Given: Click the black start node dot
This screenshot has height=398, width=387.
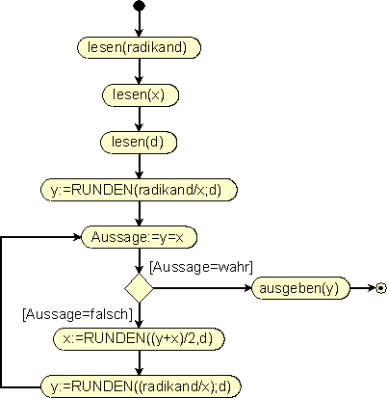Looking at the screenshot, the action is tap(139, 6).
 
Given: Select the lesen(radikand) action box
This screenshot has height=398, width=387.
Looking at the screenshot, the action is tap(139, 47).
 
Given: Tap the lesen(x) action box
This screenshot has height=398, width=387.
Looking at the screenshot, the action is tap(141, 94).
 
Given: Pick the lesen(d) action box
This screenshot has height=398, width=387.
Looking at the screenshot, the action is tap(139, 142).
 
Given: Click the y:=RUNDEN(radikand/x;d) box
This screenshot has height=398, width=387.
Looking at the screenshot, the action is tap(139, 190).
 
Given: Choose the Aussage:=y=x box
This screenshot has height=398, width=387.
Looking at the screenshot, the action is tap(139, 237).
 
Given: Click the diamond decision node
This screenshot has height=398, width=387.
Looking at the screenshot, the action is tap(139, 288).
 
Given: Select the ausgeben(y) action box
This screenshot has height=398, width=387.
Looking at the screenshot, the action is tap(300, 288).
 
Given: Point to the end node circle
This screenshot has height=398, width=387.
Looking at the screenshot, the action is tap(381, 288).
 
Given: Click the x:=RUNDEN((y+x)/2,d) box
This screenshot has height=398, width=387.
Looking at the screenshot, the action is tap(139, 338).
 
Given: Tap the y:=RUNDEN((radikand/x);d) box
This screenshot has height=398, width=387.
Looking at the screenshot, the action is tap(141, 386).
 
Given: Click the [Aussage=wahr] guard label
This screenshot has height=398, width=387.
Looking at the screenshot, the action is tap(201, 267).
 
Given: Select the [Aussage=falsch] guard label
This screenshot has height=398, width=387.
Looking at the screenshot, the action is tap(77, 314).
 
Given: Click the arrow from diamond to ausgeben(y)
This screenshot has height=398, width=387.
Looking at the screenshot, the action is tap(202, 288).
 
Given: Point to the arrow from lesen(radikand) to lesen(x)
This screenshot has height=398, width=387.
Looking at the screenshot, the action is tap(139, 71).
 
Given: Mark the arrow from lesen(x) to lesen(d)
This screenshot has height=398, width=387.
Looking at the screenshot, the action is tap(139, 119).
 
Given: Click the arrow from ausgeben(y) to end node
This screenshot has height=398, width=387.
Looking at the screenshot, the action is tap(363, 288).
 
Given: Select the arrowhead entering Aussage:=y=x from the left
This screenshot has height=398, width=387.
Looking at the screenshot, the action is tap(78, 237).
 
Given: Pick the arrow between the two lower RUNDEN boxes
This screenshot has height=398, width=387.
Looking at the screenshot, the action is tap(139, 362).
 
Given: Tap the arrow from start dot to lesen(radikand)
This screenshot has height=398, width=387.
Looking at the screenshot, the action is tap(139, 24).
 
